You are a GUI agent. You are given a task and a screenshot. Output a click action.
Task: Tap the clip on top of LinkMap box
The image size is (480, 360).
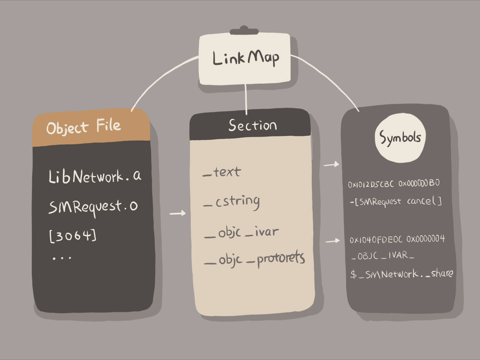pyautogui.click(x=244, y=31)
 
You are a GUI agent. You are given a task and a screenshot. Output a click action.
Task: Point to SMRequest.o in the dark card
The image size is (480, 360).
pyautogui.click(x=93, y=206)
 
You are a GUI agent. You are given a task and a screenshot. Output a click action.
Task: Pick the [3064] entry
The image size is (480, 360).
pyautogui.click(x=73, y=235)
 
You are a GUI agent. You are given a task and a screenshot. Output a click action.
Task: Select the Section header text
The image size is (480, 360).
pyautogui.click(x=252, y=125)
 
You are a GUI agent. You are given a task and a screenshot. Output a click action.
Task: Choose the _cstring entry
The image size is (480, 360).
pyautogui.click(x=232, y=202)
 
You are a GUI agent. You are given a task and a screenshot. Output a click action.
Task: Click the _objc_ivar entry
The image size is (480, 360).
pyautogui.click(x=241, y=232)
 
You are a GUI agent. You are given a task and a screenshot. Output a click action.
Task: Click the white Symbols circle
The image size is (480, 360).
pyautogui.click(x=400, y=138)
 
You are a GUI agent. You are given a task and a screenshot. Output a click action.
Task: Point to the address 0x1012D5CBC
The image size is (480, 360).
pyautogui.click(x=371, y=184)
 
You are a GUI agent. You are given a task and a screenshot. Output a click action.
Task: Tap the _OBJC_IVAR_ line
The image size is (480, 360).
pyautogui.click(x=382, y=256)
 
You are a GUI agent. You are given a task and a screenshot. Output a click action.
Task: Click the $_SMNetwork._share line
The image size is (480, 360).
pyautogui.click(x=402, y=274)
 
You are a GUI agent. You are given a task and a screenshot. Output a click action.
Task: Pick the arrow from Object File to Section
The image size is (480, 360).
pyautogui.click(x=178, y=213)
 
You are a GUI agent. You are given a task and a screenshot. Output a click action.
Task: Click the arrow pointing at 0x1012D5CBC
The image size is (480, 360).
pyautogui.click(x=331, y=165)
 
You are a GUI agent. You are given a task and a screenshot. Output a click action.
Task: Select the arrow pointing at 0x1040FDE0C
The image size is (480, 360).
pyautogui.click(x=332, y=241)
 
